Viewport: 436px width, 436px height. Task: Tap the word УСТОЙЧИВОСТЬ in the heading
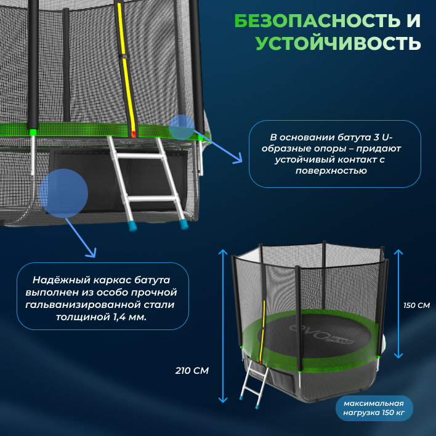coord(338,44)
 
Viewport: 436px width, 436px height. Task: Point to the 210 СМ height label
coord(192,371)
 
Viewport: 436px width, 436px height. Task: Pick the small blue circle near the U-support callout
coord(182,127)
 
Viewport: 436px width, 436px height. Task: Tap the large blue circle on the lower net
coord(63,192)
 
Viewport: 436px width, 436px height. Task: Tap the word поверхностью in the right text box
coord(335,171)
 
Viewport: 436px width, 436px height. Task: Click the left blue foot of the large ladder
coord(133,225)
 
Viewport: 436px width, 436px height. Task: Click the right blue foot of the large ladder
coord(183,224)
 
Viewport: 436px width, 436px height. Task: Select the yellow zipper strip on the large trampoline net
coord(128,68)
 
